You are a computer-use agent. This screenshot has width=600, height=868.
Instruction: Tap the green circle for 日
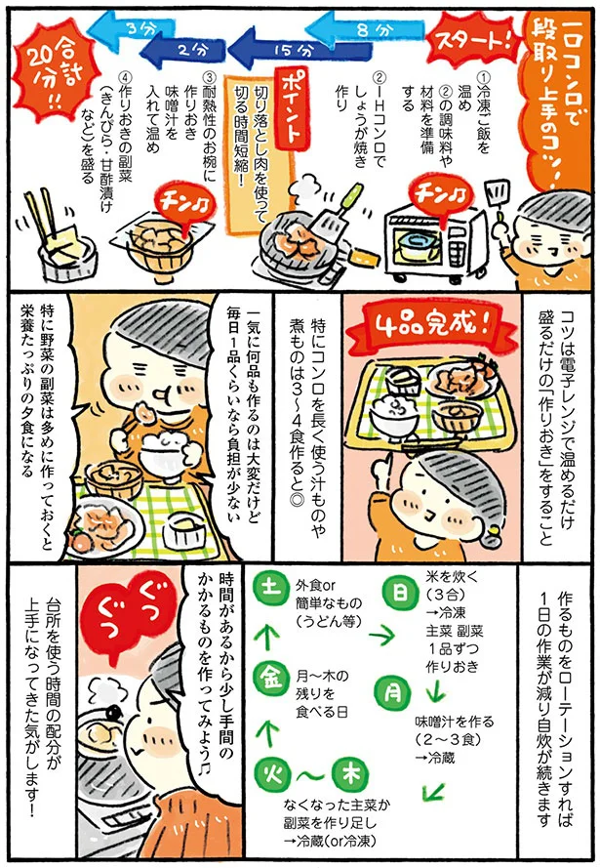(402, 592)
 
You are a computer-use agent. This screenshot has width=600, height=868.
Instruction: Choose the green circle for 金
(269, 674)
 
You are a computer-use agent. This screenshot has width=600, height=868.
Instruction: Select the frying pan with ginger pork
(293, 239)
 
